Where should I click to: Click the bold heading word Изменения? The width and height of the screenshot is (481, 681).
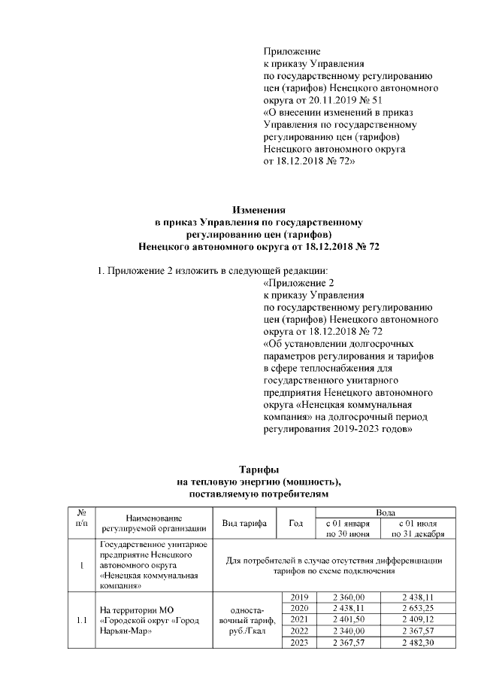(259, 210)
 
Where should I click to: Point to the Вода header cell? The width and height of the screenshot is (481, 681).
(380, 510)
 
